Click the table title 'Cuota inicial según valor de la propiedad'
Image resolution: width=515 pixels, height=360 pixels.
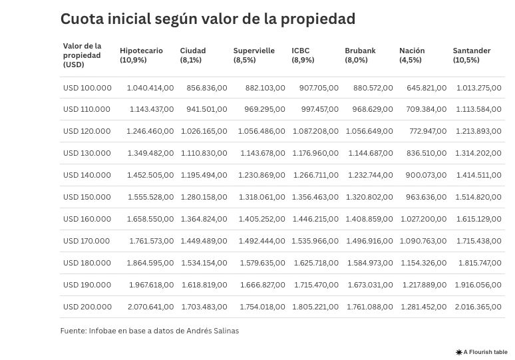click(208, 19)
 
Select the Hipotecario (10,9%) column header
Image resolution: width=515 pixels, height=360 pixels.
click(141, 55)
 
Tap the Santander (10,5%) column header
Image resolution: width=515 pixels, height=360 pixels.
click(472, 55)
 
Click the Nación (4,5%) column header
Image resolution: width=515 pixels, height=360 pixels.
click(412, 55)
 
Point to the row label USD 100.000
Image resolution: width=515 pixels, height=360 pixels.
click(87, 88)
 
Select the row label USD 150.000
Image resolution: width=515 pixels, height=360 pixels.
click(87, 198)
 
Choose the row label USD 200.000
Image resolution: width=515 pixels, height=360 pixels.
click(87, 307)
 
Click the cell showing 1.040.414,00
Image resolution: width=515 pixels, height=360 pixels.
click(150, 88)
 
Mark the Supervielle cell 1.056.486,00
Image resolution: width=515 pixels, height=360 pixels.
click(261, 131)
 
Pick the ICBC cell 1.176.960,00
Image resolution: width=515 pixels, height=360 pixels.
click(315, 153)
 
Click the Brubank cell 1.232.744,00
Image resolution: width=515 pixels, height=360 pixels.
click(371, 175)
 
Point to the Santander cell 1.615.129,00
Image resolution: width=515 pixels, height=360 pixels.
click(478, 219)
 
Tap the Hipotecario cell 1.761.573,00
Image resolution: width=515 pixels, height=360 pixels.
click(151, 241)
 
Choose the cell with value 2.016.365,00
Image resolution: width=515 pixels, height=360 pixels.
click(478, 307)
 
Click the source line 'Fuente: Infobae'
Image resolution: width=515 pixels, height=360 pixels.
click(149, 331)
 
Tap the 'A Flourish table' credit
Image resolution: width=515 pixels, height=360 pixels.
click(481, 352)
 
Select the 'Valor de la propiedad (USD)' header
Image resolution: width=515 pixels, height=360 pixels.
click(83, 55)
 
